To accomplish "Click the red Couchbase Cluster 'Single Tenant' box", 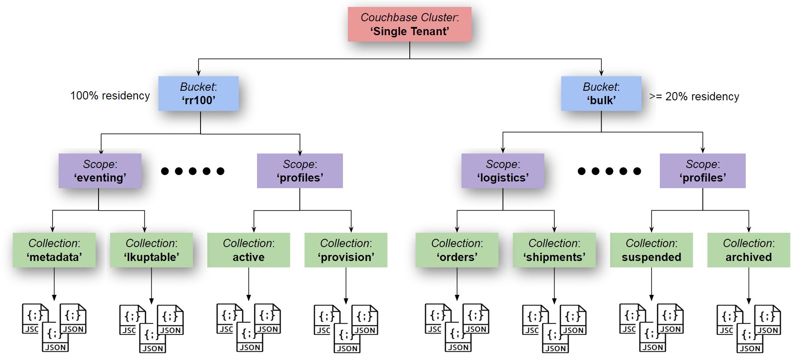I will click(x=409, y=24).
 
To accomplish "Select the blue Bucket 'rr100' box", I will click(x=198, y=93).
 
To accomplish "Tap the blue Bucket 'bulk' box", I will click(x=601, y=93).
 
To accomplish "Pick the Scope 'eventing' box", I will click(x=100, y=171).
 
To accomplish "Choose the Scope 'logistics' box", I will click(x=503, y=171).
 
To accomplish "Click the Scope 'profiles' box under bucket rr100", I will click(x=300, y=171).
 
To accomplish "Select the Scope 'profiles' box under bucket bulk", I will click(x=702, y=171).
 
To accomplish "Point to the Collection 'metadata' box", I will click(x=54, y=250).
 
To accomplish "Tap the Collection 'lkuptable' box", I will click(x=152, y=250).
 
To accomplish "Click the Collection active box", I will click(x=249, y=250).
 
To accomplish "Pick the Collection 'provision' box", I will click(x=346, y=250).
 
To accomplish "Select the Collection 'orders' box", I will click(x=457, y=250).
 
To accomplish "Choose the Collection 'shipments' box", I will click(x=554, y=250).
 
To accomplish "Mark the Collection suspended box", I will click(x=652, y=250).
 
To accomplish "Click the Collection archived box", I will click(x=749, y=250).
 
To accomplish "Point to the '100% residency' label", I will click(x=110, y=96).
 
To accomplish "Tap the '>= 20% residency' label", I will click(x=694, y=96).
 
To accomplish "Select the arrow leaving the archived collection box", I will click(x=749, y=285).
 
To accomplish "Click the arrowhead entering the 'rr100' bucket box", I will click(x=198, y=73).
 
